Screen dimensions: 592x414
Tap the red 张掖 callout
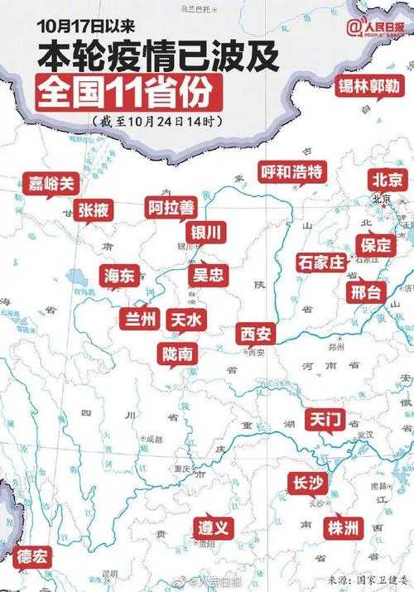93,210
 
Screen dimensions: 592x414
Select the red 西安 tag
255,334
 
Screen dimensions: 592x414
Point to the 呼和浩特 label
291,171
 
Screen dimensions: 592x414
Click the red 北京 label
388,180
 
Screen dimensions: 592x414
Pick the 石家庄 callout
320,262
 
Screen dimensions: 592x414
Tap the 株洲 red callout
342,527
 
